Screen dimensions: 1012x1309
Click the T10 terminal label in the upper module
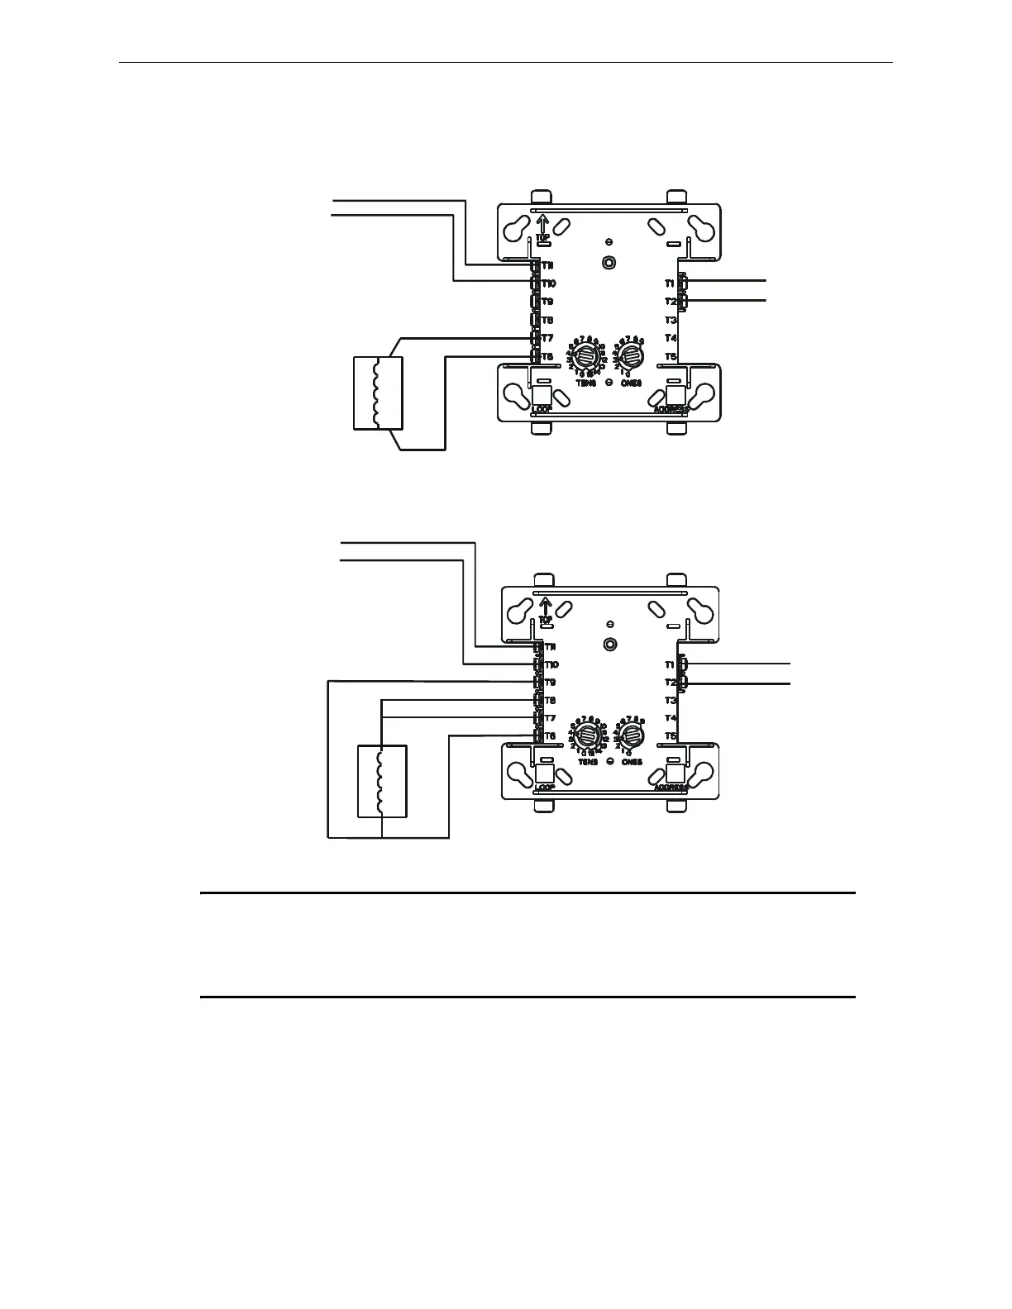pos(548,283)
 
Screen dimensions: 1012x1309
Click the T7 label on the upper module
pos(547,338)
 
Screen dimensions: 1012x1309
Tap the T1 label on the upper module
pos(671,283)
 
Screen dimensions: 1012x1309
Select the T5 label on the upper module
pos(671,356)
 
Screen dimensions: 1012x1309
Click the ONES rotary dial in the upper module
pos(631,356)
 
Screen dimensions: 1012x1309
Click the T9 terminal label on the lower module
pos(550,683)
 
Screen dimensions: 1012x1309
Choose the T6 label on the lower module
pos(550,736)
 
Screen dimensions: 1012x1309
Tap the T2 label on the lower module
pos(670,683)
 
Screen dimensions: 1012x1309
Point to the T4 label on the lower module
pos(670,718)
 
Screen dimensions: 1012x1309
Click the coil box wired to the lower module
pos(382,781)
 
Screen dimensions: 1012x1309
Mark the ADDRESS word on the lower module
pos(671,788)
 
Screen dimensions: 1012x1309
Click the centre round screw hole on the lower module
pos(609,645)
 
